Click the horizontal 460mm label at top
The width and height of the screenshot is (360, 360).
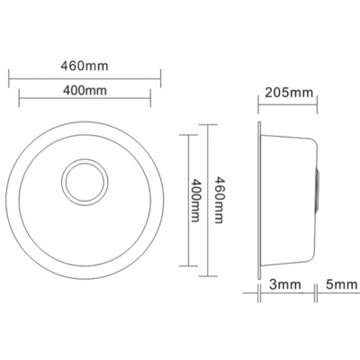85,66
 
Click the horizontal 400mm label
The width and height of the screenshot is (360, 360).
85,90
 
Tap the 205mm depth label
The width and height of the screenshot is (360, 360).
289,93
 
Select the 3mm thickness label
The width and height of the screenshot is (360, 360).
284,284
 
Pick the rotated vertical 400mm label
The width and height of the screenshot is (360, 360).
194,200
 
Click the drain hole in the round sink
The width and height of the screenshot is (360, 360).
85,182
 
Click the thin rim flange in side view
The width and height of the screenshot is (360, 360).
259,200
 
